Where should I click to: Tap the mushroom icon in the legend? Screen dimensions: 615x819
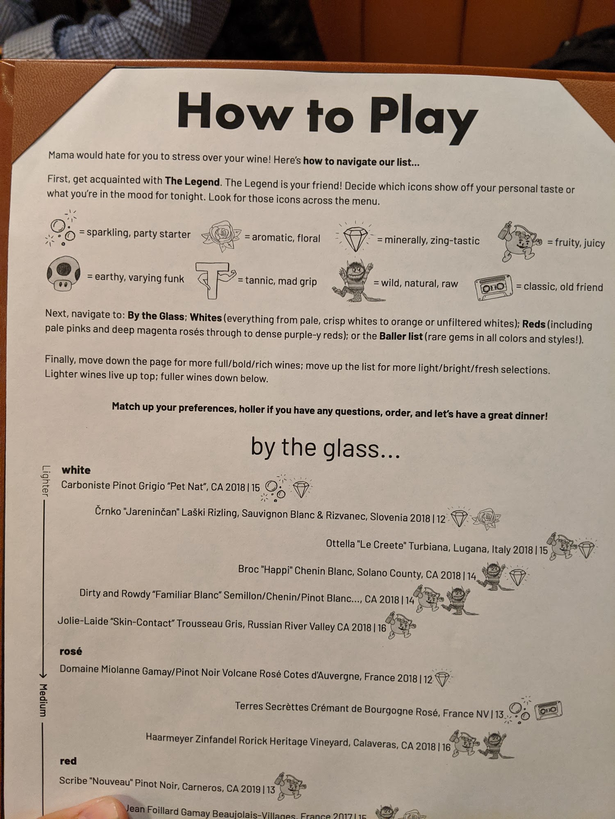tap(63, 273)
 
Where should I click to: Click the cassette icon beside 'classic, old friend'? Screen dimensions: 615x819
tap(494, 287)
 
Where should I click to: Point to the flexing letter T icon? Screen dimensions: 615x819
tap(214, 280)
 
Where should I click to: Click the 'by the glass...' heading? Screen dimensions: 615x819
tap(326, 448)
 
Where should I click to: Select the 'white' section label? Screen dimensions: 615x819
tap(76, 470)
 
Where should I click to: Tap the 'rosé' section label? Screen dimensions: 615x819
tap(71, 651)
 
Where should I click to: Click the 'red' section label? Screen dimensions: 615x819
tap(68, 761)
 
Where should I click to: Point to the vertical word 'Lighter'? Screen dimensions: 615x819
tap(46, 480)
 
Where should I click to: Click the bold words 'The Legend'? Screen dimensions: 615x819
tap(192, 181)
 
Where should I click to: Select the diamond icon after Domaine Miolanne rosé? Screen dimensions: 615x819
tap(442, 678)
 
